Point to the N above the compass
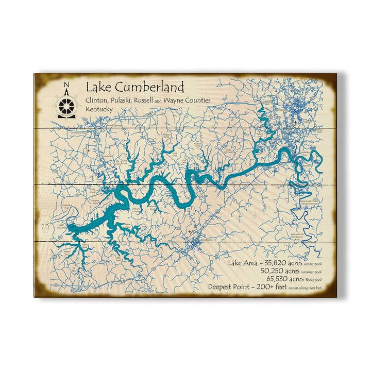(66, 86)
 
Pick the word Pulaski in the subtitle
(119, 101)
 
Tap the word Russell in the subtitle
(143, 101)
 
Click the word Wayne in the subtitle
(174, 101)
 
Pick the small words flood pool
(315, 279)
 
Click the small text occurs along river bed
(310, 288)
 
